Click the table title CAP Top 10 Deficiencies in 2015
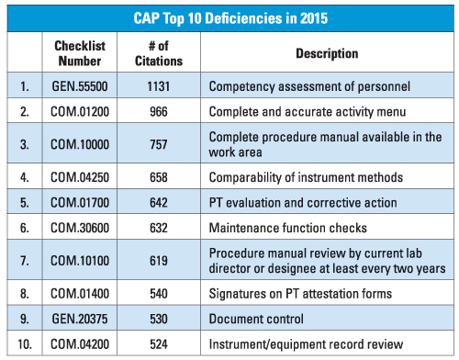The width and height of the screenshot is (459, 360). click(x=229, y=17)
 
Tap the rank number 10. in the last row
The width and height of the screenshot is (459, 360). click(x=25, y=344)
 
